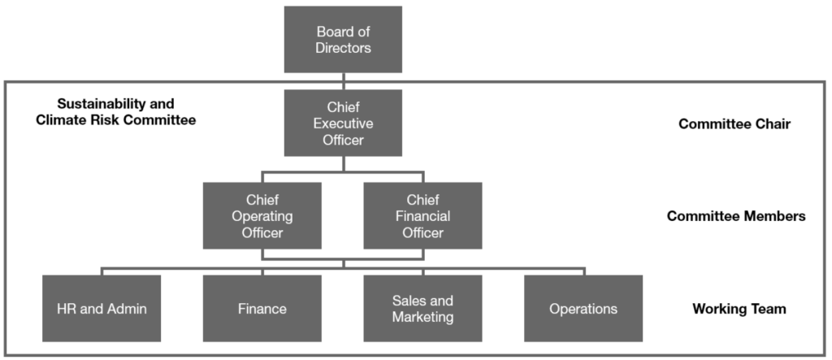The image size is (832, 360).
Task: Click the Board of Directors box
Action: point(343,40)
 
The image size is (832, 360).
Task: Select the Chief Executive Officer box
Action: point(343,123)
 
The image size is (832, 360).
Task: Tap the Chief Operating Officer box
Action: point(262,215)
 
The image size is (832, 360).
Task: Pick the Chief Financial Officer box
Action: point(422,215)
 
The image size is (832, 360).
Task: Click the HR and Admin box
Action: point(102,309)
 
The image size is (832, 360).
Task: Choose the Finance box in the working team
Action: point(262,309)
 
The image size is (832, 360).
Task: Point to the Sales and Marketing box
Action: point(422,309)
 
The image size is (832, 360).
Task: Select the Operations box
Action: point(583,309)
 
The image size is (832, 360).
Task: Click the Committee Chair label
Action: point(734,124)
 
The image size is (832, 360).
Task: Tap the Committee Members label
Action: point(736,216)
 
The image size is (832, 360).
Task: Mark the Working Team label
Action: point(739,309)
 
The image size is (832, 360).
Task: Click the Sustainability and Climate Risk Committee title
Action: point(116,112)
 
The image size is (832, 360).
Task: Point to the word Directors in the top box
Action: point(344,48)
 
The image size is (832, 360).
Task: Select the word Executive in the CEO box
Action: point(343,124)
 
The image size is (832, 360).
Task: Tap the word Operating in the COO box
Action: point(262,216)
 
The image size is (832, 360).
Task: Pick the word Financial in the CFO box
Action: point(422,216)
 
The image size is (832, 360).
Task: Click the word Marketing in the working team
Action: point(422,317)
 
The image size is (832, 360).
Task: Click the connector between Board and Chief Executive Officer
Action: point(343,81)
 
